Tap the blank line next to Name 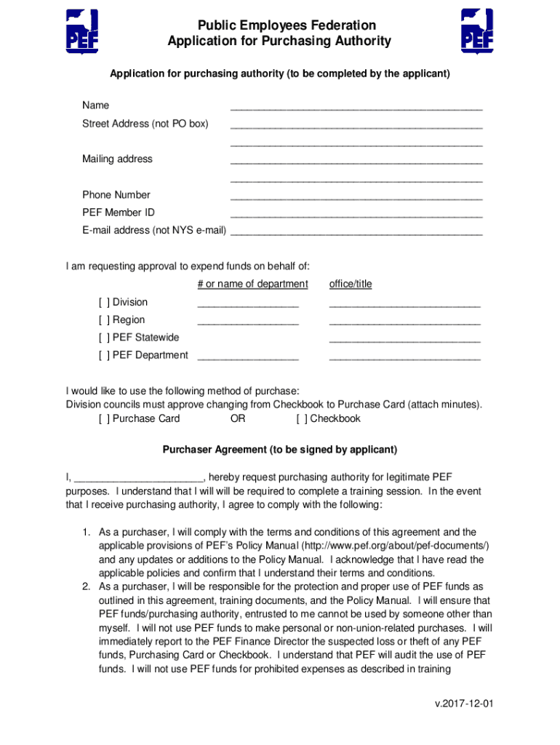[356, 107]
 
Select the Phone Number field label [116, 195]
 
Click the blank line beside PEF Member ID [356, 215]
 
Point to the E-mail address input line [356, 233]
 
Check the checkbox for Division [104, 303]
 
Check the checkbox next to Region [104, 320]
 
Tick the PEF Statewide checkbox [104, 338]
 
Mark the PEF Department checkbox [104, 355]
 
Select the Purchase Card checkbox [104, 419]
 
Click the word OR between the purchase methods [238, 419]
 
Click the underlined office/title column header [351, 284]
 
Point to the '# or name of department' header [252, 284]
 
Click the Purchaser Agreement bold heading [280, 450]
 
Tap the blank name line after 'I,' [139, 478]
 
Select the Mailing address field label [117, 159]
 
